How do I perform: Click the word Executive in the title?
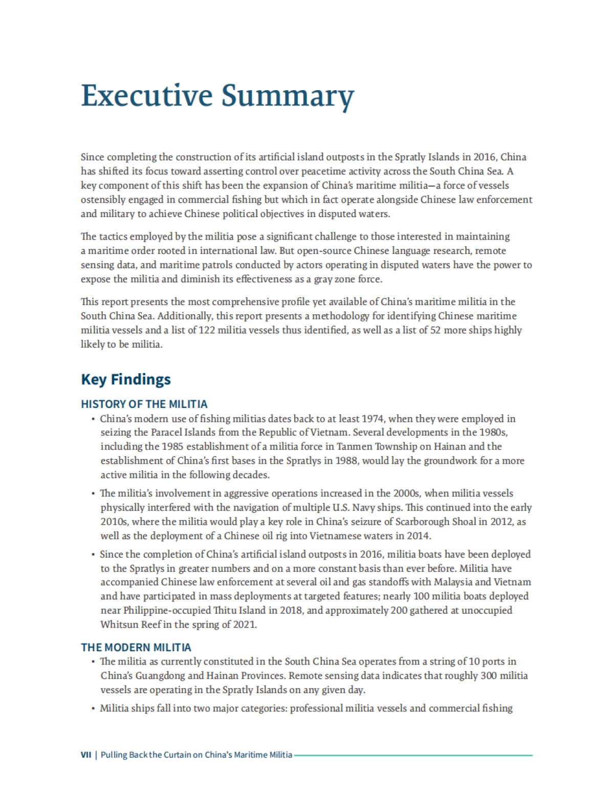pos(146,96)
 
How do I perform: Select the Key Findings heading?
pos(126,379)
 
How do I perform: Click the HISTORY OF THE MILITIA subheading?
pos(144,404)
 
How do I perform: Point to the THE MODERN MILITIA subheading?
pos(136,647)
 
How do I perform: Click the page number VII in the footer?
pos(86,755)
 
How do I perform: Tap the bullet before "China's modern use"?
pos(93,419)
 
